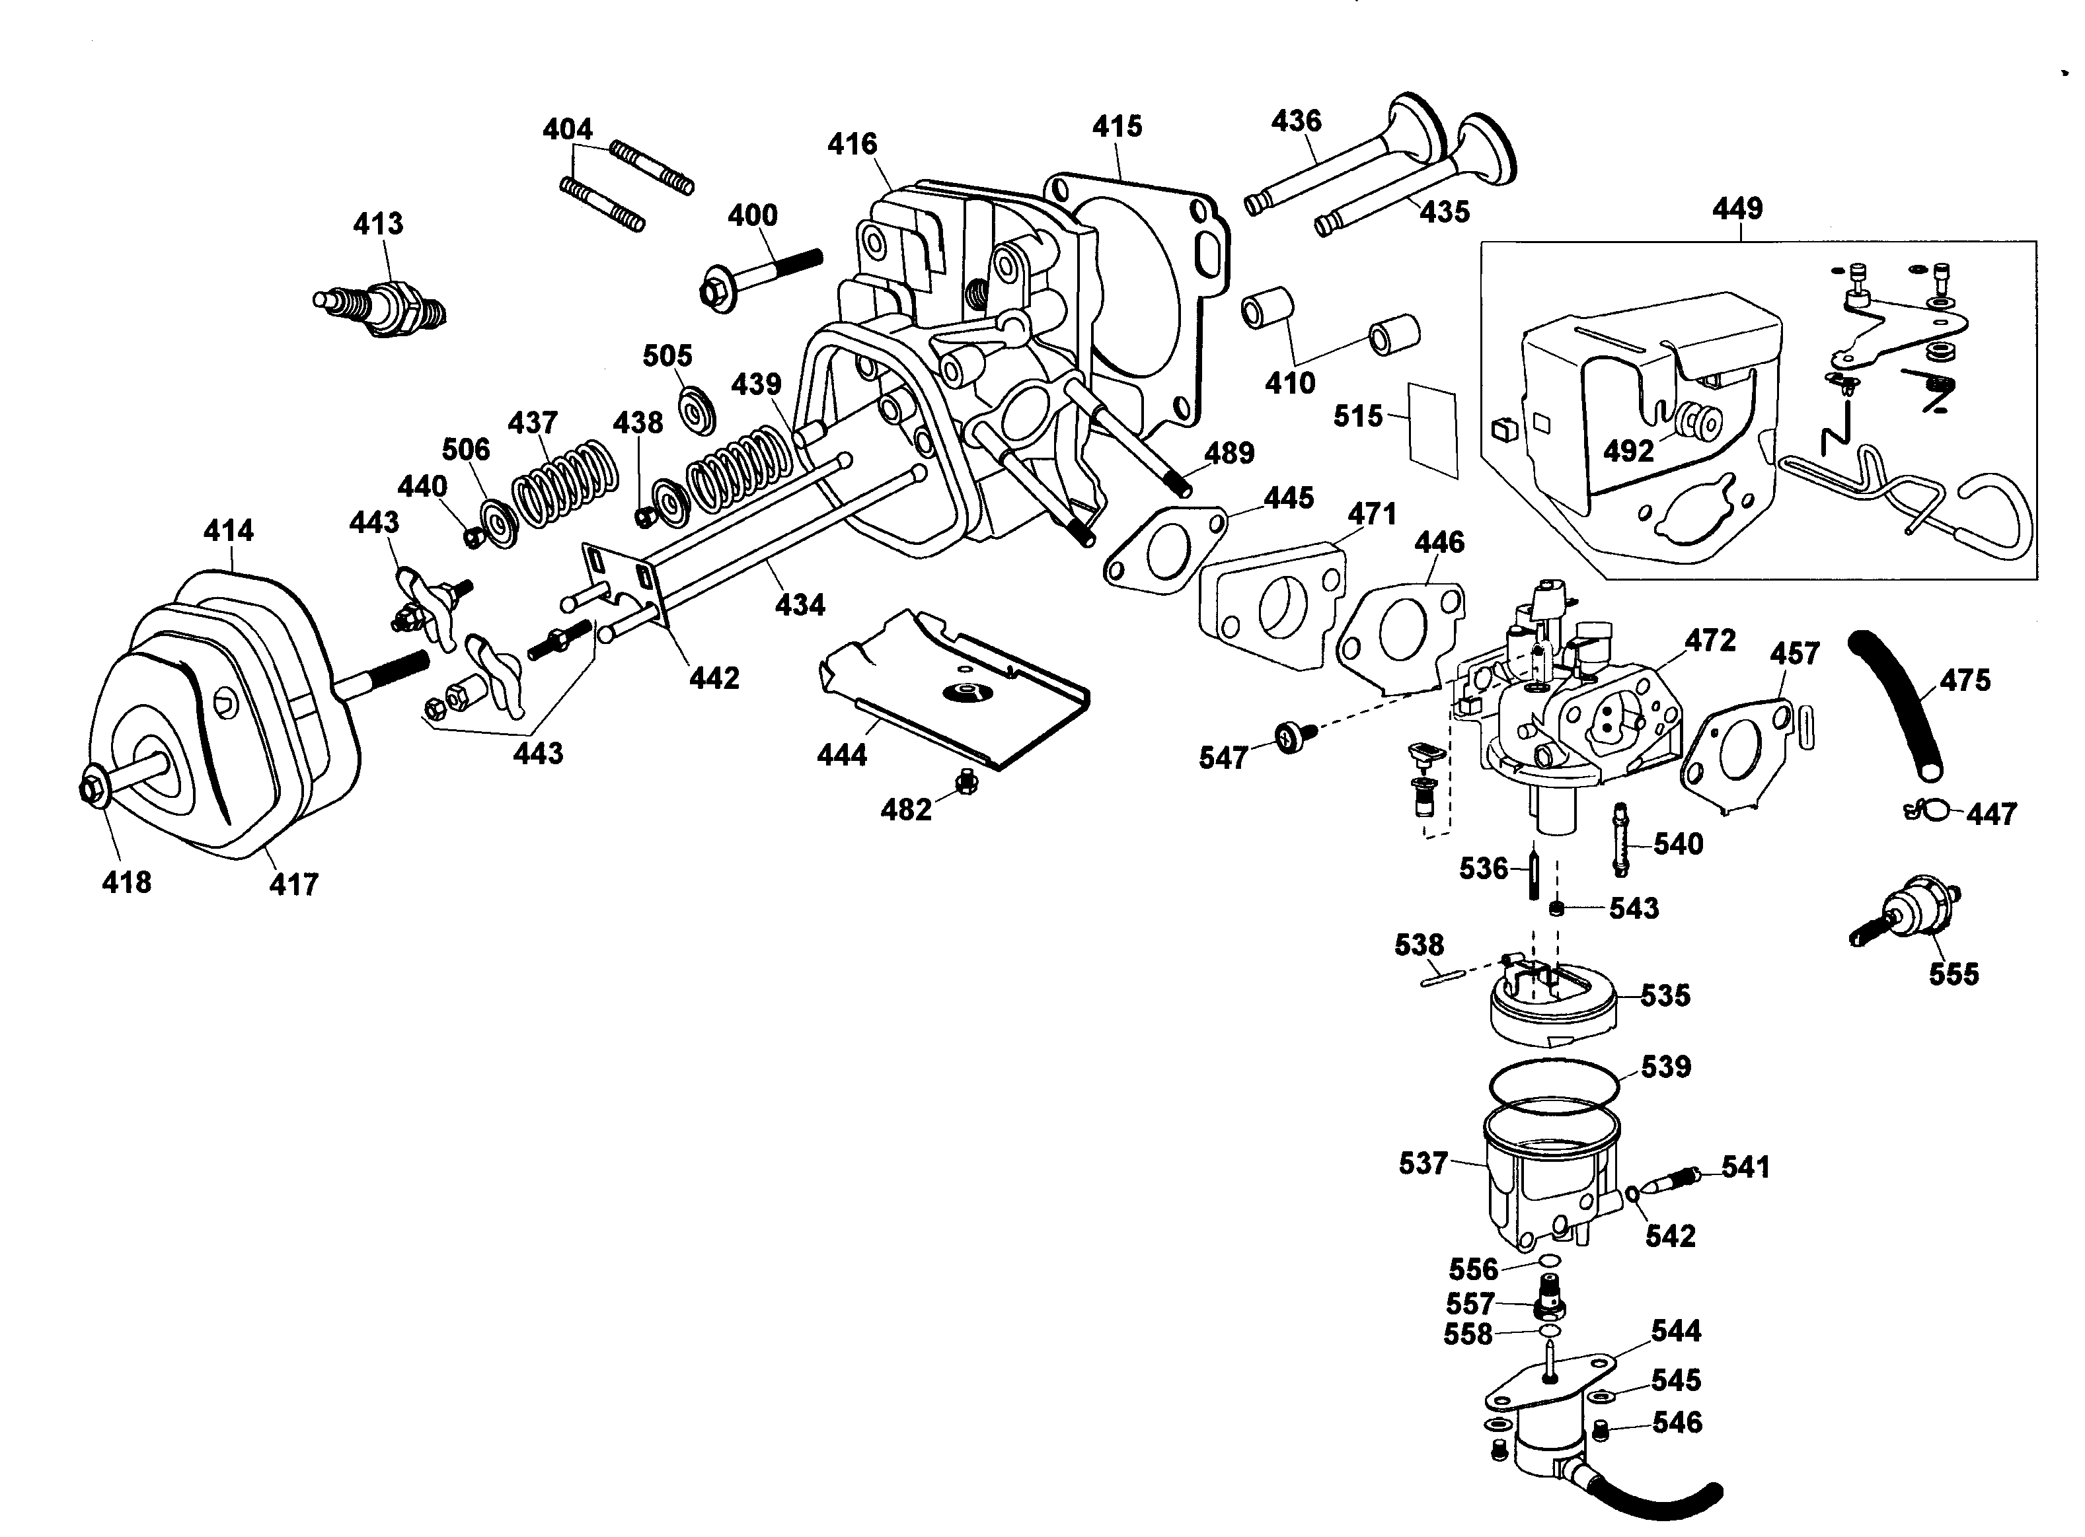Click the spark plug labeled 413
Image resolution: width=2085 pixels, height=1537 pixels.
380,304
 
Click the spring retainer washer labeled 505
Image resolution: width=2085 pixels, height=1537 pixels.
695,410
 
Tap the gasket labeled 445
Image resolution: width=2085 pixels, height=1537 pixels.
1164,550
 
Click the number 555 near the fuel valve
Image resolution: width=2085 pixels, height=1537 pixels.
1953,974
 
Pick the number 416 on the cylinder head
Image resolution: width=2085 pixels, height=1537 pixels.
852,144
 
